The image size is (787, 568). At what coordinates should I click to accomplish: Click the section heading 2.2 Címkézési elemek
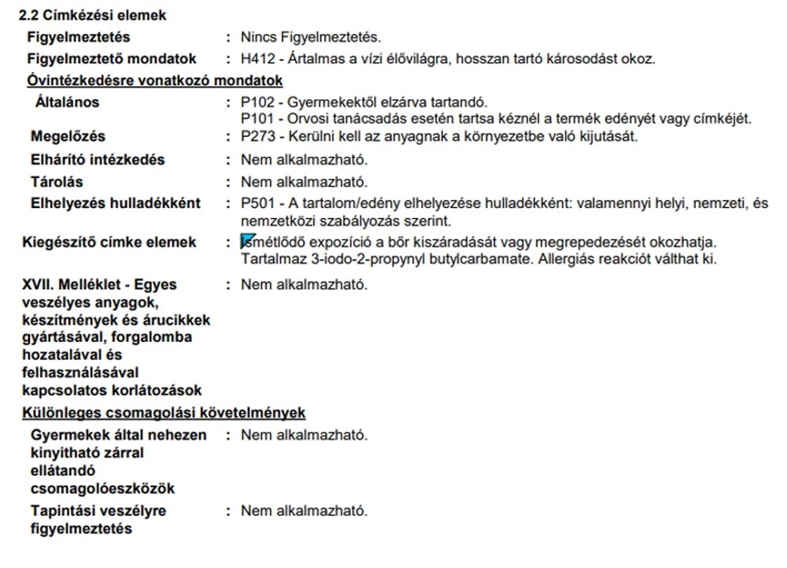point(93,15)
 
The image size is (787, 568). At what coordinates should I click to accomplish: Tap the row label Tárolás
point(56,182)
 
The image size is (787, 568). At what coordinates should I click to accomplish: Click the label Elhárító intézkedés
point(98,159)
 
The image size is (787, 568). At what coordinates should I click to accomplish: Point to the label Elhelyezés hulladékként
point(115,203)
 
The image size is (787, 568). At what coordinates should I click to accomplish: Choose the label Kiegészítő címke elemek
point(109,242)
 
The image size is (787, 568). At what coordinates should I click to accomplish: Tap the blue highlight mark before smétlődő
point(247,241)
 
